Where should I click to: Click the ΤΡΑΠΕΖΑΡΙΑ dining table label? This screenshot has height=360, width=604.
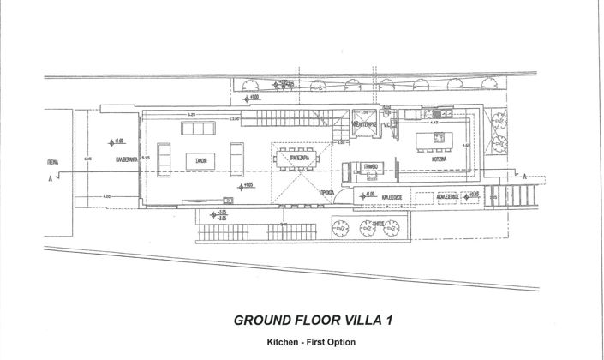pyautogui.click(x=296, y=157)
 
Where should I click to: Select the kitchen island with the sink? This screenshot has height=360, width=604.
pyautogui.click(x=434, y=140)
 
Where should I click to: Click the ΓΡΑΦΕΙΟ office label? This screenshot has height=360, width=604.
pyautogui.click(x=371, y=168)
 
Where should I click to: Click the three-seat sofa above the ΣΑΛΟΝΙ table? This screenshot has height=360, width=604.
pyautogui.click(x=198, y=129)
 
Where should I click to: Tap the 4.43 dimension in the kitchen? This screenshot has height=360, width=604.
pyautogui.click(x=435, y=123)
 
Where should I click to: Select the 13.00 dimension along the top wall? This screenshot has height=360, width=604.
pyautogui.click(x=233, y=119)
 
